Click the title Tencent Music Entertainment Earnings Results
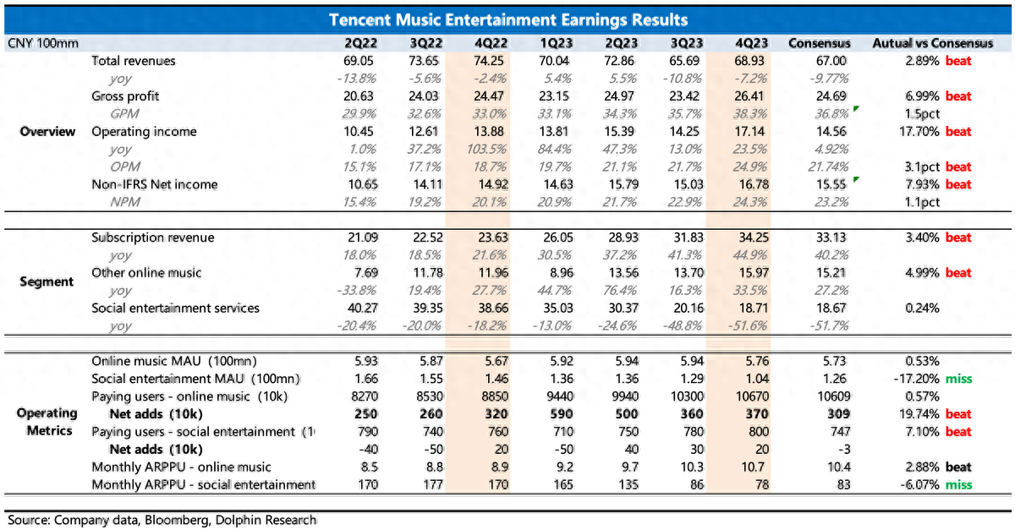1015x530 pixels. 507,19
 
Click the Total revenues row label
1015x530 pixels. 134,61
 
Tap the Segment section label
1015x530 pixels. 48,281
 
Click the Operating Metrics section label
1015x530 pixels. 48,422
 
